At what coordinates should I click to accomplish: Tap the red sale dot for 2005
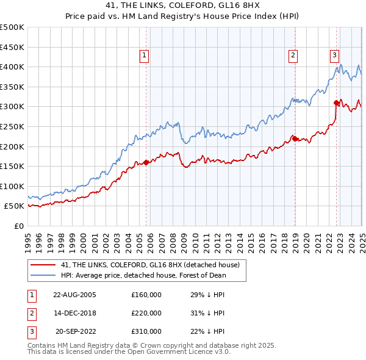pyautogui.click(x=146, y=162)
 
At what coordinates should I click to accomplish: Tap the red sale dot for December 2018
pyautogui.click(x=294, y=139)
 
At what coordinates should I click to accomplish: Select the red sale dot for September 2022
pyautogui.click(x=336, y=103)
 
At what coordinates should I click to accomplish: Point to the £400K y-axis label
pyautogui.click(x=12, y=67)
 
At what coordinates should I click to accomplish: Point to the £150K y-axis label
pyautogui.click(x=12, y=166)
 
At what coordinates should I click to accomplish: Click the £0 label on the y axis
pyautogui.click(x=18, y=226)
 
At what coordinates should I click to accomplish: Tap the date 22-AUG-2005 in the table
pyautogui.click(x=74, y=294)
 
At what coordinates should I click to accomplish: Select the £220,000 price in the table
pyautogui.click(x=146, y=313)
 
